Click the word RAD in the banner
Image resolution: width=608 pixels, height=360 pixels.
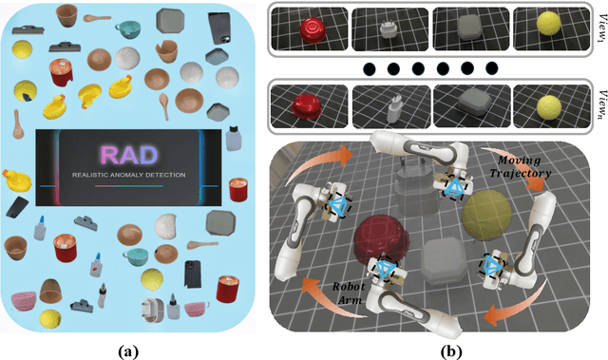(x=136, y=153)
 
